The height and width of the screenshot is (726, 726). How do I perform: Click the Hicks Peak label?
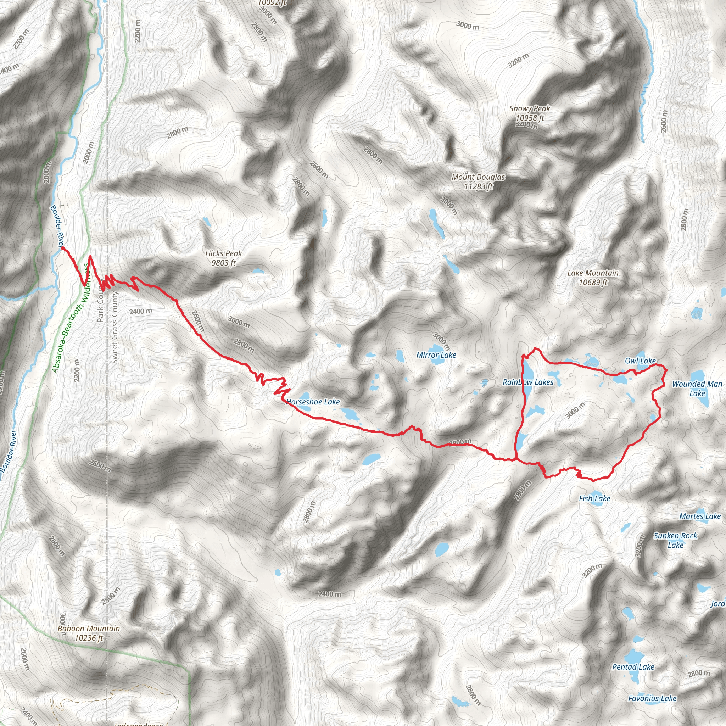click(x=224, y=258)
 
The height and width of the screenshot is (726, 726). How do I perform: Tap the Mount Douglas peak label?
click(x=478, y=181)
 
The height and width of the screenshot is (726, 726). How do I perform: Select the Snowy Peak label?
click(x=530, y=113)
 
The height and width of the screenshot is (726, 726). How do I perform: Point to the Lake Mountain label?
click(x=593, y=278)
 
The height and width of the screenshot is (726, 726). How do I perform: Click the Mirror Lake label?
click(x=436, y=355)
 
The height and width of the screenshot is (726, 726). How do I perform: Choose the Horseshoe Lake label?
click(x=313, y=402)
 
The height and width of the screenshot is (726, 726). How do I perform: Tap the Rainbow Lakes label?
click(x=528, y=382)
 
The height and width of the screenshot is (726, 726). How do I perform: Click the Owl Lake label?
click(x=640, y=361)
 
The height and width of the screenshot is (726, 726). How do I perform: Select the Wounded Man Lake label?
click(x=697, y=389)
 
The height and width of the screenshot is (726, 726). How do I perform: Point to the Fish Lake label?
click(x=594, y=498)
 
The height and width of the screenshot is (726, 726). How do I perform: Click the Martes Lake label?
click(x=700, y=516)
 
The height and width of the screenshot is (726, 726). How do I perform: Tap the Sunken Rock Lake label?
click(x=675, y=540)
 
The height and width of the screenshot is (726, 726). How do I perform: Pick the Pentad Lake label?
click(x=633, y=667)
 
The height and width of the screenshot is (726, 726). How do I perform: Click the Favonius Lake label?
click(x=652, y=698)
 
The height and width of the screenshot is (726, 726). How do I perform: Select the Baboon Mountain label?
click(x=89, y=633)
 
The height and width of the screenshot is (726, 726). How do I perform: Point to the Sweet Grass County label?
click(x=115, y=327)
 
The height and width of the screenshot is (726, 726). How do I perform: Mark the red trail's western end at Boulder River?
click(x=62, y=248)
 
